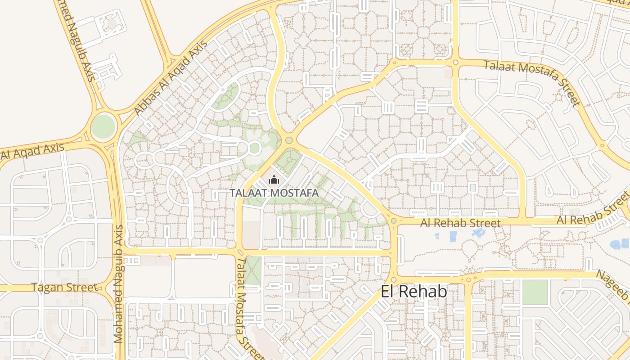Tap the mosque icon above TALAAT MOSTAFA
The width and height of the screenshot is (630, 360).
pyautogui.click(x=274, y=180)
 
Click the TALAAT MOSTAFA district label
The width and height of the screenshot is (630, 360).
pyautogui.click(x=274, y=193)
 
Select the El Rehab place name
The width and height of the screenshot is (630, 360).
pyautogui.click(x=414, y=292)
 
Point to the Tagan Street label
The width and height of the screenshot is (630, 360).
pyautogui.click(x=64, y=287)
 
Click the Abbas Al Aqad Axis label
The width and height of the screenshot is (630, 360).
pyautogui.click(x=171, y=77)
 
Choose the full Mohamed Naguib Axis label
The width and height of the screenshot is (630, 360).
pyautogui.click(x=118, y=284)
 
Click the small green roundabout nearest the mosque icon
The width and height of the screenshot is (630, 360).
pyautogui.click(x=289, y=141)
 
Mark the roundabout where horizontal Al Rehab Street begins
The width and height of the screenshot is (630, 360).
pyautogui.click(x=394, y=221)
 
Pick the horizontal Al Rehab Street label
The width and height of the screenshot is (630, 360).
pyautogui.click(x=460, y=223)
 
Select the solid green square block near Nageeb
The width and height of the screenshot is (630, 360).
pyautogui.click(x=535, y=292)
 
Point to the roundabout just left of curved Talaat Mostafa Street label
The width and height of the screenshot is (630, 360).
pyautogui.click(x=455, y=63)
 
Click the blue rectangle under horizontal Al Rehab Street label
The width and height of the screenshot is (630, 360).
pyautogui.click(x=453, y=236)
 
